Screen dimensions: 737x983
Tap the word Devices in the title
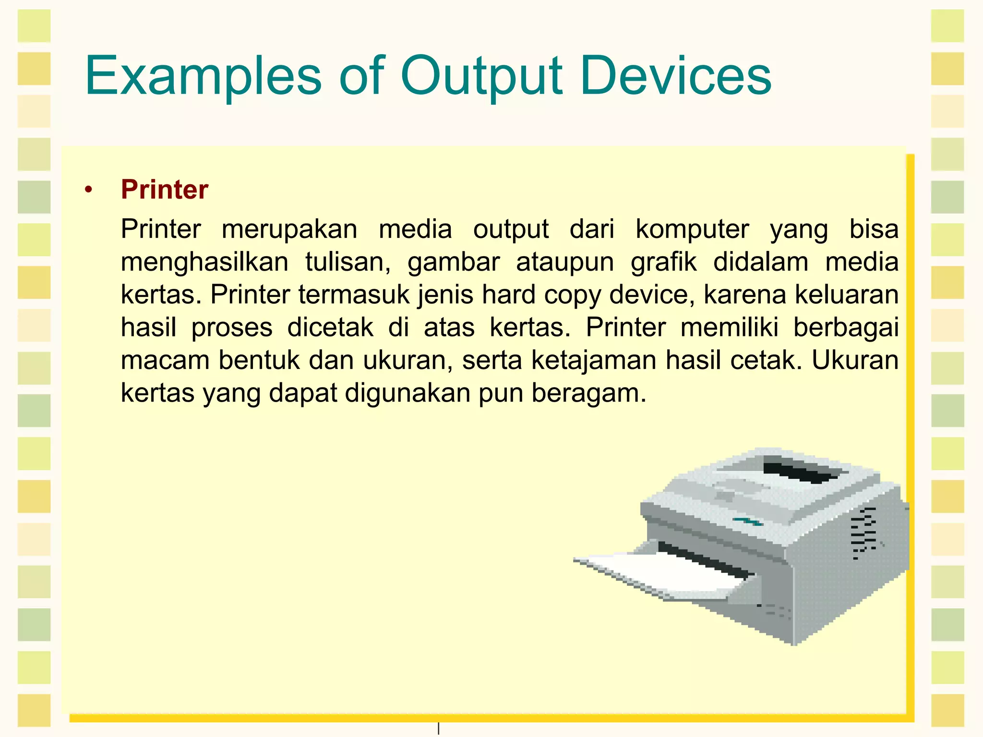(675, 76)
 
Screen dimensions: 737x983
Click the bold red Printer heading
(165, 190)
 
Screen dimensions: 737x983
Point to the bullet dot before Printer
(87, 190)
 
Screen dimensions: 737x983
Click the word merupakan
(289, 229)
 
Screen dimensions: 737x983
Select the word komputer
(692, 229)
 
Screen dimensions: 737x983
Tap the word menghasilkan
(204, 262)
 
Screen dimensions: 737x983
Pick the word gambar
(454, 262)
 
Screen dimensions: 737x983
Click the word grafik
(663, 262)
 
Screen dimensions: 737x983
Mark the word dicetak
(330, 328)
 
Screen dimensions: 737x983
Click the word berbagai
(846, 328)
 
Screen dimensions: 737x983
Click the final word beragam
(589, 393)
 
